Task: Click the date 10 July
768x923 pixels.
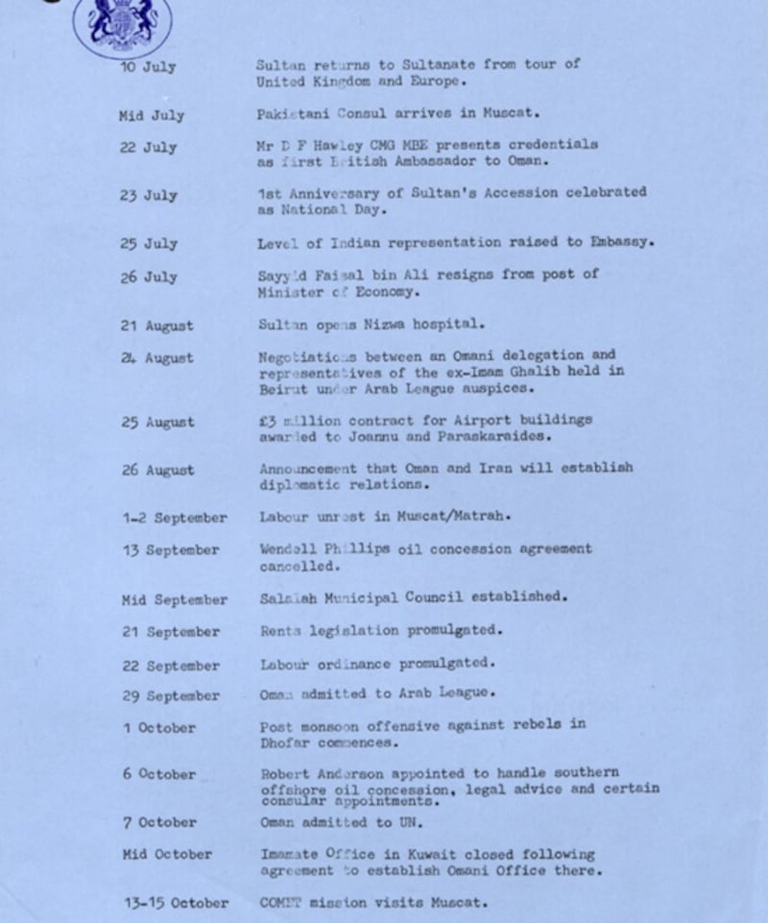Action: pos(148,68)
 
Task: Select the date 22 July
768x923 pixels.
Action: pos(148,147)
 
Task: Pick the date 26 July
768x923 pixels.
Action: pos(148,278)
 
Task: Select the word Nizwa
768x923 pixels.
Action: pos(384,325)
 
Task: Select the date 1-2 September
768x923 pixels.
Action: pos(174,519)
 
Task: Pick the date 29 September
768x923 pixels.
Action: pos(171,696)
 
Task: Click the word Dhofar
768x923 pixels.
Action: pos(284,742)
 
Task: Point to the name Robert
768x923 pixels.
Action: pos(284,772)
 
